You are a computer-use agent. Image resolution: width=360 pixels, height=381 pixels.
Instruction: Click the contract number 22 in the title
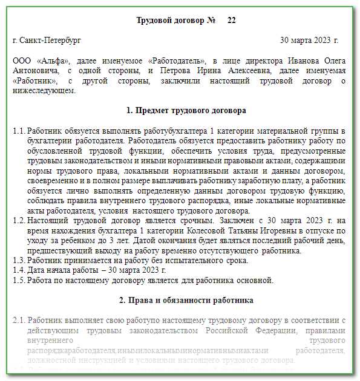231,21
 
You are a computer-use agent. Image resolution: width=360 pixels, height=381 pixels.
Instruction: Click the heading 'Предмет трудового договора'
186,111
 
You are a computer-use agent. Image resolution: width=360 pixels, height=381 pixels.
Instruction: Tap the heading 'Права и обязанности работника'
186,300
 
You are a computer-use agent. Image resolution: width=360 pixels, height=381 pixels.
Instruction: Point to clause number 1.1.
19,131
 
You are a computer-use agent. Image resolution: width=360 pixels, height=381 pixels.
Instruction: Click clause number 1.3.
19,260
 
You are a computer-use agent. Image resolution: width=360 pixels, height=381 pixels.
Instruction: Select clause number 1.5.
19,280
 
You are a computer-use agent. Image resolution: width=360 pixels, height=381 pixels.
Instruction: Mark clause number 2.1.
19,319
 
